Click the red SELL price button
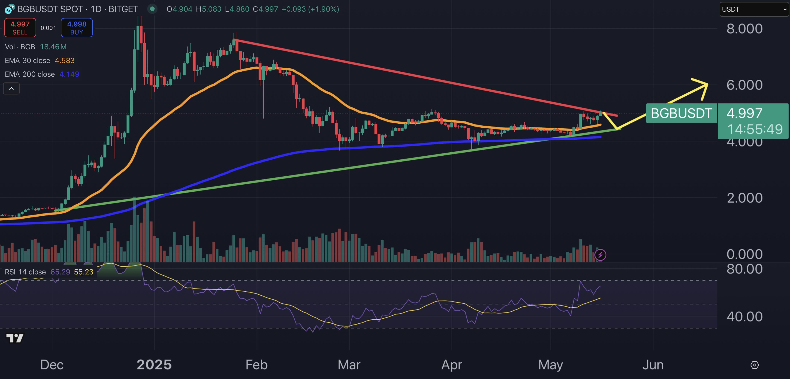click(x=20, y=28)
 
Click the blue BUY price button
click(x=77, y=28)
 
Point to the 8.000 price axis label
click(x=744, y=29)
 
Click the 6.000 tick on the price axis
click(x=744, y=85)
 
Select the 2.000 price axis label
click(x=744, y=198)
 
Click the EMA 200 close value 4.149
click(x=69, y=74)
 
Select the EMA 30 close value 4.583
click(x=65, y=61)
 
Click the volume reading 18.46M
click(x=53, y=47)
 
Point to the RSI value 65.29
click(x=60, y=272)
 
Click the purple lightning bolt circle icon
click(x=600, y=255)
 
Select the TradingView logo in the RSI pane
click(x=15, y=338)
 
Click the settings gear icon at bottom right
click(x=754, y=365)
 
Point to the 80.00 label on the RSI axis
click(x=744, y=269)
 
